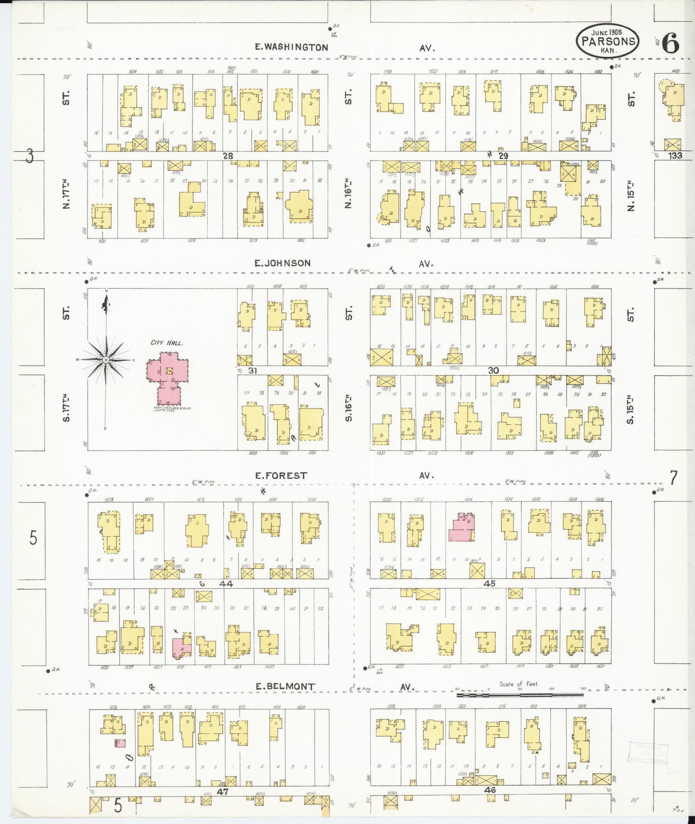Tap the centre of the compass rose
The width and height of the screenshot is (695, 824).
tap(105, 360)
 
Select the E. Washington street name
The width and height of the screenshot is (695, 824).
tap(291, 47)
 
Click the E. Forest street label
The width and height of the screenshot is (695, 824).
tap(281, 475)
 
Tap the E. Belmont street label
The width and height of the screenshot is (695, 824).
tap(285, 687)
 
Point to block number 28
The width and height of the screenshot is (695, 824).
tap(228, 156)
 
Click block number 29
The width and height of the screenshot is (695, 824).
tap(503, 156)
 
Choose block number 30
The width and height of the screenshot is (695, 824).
tap(493, 370)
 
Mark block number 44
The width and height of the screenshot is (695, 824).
tap(226, 584)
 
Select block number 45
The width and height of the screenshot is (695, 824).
tap(490, 584)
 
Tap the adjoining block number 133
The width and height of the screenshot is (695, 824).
tap(675, 155)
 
